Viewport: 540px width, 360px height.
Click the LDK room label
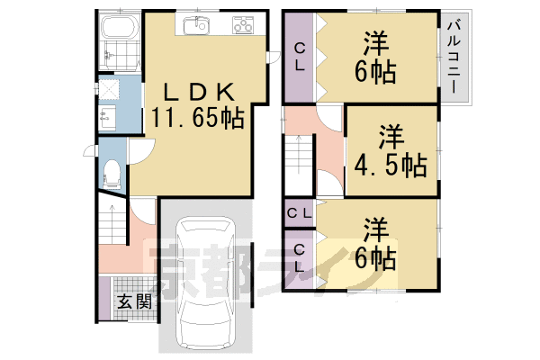(199, 92)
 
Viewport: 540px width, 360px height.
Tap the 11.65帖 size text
(199, 118)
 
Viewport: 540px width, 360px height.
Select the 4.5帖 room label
(390, 151)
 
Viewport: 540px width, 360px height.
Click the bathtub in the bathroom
(118, 40)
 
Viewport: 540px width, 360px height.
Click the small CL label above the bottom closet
(300, 213)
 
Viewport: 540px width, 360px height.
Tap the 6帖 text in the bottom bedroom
(376, 259)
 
